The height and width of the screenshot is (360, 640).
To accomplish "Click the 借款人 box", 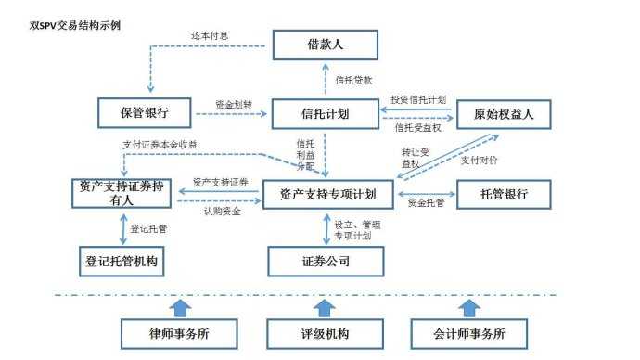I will [326, 45].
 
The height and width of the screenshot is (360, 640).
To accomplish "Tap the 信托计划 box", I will [326, 114].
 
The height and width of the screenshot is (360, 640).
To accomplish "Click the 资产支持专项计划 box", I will [327, 194].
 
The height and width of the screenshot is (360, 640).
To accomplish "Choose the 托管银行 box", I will [504, 194].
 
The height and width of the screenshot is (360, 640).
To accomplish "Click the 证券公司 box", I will [326, 261].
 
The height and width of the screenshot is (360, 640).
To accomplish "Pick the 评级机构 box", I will [325, 332].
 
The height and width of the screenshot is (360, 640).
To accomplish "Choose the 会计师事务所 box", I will [469, 332].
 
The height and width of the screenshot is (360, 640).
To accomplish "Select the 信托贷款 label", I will [353, 80].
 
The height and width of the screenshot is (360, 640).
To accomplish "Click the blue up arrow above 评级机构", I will [325, 306].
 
